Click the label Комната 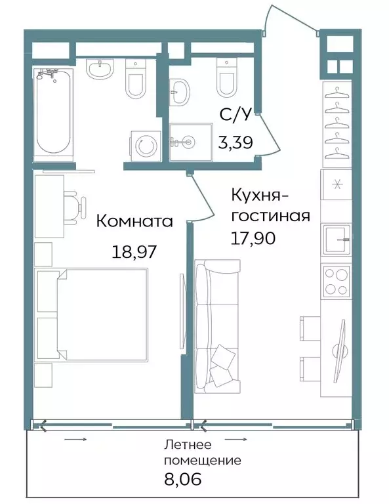(x=134, y=221)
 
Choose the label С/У (x=235, y=115)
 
